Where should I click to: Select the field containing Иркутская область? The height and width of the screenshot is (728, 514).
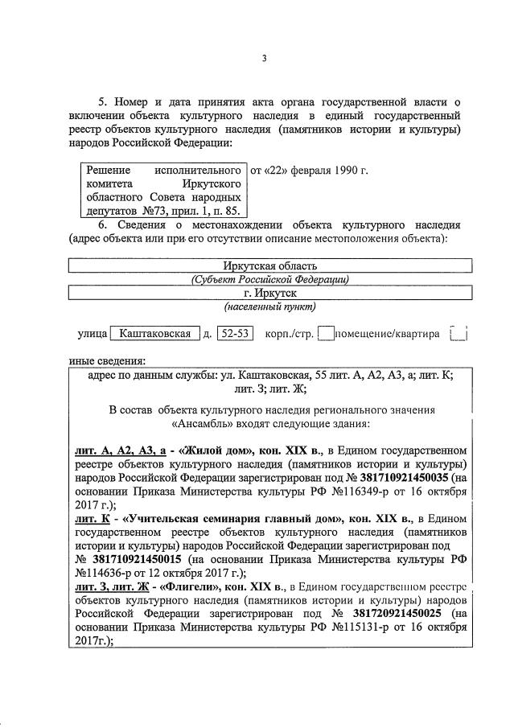coord(269,265)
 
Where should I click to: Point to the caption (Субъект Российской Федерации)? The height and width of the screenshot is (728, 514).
coord(269,279)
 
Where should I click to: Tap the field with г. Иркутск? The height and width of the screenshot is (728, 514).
coord(269,293)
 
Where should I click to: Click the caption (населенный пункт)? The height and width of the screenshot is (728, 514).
coord(269,306)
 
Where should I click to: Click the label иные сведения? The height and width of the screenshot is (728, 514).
coord(101,360)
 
